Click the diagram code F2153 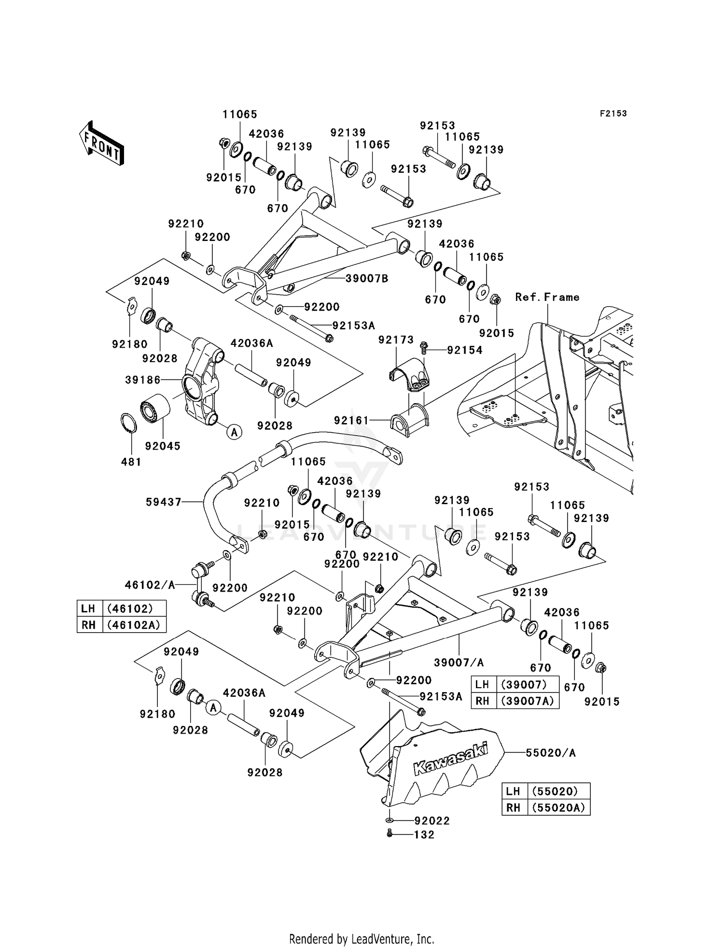(613, 113)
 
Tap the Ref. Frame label (547, 297)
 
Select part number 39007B (367, 279)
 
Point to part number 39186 (143, 380)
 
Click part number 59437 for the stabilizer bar (164, 502)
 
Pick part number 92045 (163, 446)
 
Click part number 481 (131, 462)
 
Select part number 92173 (396, 340)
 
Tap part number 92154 (465, 350)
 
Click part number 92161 (351, 421)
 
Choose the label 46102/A (150, 585)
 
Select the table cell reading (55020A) (559, 807)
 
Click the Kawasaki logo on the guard (450, 759)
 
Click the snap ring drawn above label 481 (128, 423)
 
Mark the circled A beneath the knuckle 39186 (234, 432)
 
